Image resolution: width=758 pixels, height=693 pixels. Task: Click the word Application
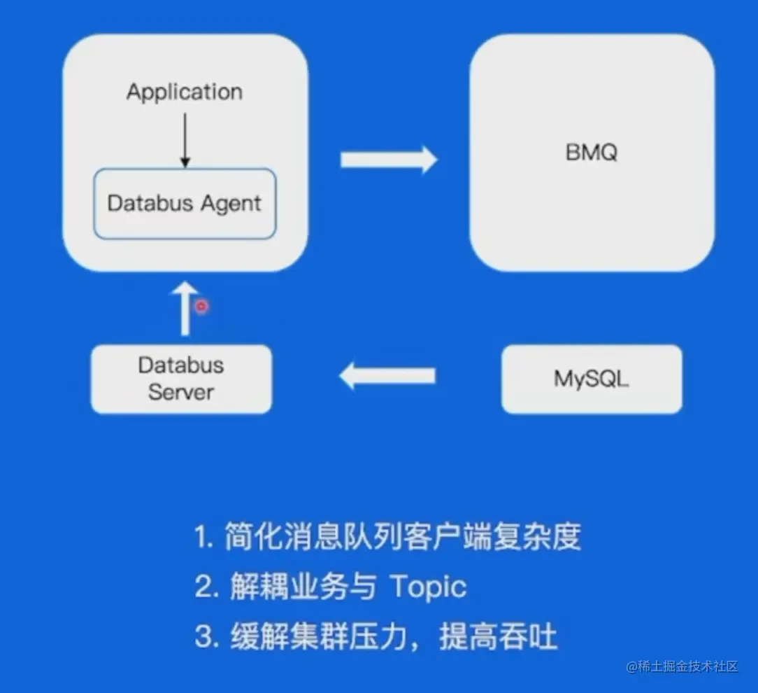coord(185,92)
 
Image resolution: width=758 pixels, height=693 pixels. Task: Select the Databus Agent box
coord(185,204)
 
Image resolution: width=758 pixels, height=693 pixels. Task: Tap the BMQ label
coord(592,152)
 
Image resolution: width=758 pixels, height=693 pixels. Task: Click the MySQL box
coord(592,379)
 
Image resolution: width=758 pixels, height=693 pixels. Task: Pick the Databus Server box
coord(181,379)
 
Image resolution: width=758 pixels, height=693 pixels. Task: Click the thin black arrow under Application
coord(185,139)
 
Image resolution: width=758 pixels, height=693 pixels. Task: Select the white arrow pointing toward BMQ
coord(388,160)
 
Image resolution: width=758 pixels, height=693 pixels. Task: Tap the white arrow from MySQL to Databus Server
coord(387,377)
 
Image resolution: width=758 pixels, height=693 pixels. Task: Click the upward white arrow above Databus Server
coord(185,308)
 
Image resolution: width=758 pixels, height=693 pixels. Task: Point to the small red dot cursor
coord(201,307)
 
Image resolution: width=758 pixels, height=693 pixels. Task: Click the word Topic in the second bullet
coord(428,587)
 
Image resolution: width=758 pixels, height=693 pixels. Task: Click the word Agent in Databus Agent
coord(231,204)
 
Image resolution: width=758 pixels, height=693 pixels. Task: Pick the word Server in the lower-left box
coord(181,392)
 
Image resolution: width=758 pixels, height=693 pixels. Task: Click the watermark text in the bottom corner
coord(682,666)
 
